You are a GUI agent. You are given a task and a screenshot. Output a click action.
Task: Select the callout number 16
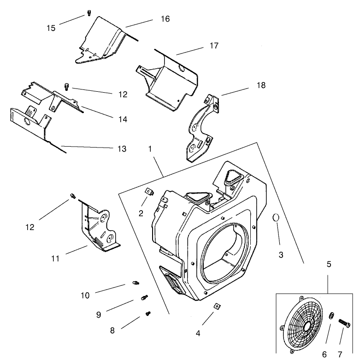[165, 19]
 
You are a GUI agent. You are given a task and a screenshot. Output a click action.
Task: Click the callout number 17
[213, 46]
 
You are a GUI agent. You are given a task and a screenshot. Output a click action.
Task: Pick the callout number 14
[122, 119]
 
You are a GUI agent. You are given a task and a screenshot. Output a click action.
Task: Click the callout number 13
[122, 149]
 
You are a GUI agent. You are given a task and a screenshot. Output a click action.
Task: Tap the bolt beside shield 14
[66, 86]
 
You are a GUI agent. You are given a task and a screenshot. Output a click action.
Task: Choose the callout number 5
[329, 265]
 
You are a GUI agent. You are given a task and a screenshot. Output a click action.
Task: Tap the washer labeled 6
[331, 317]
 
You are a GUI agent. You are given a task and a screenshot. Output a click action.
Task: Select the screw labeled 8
[148, 314]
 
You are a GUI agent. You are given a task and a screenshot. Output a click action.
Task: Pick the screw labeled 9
[144, 297]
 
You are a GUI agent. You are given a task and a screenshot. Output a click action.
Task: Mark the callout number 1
[150, 149]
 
